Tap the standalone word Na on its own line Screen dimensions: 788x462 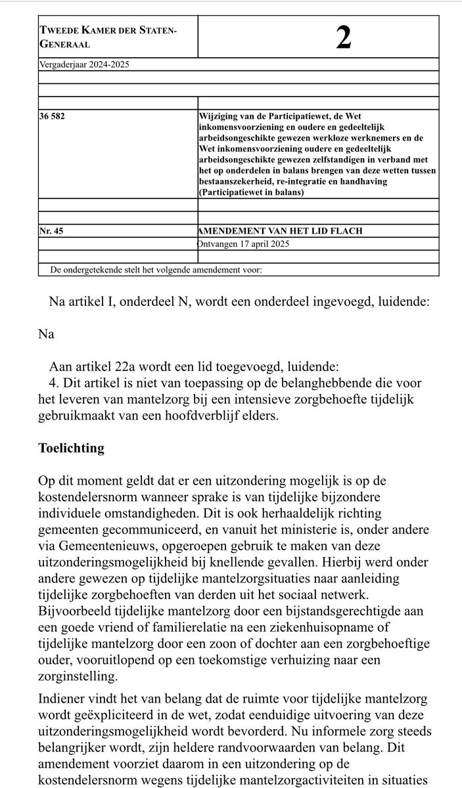pos(45,334)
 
